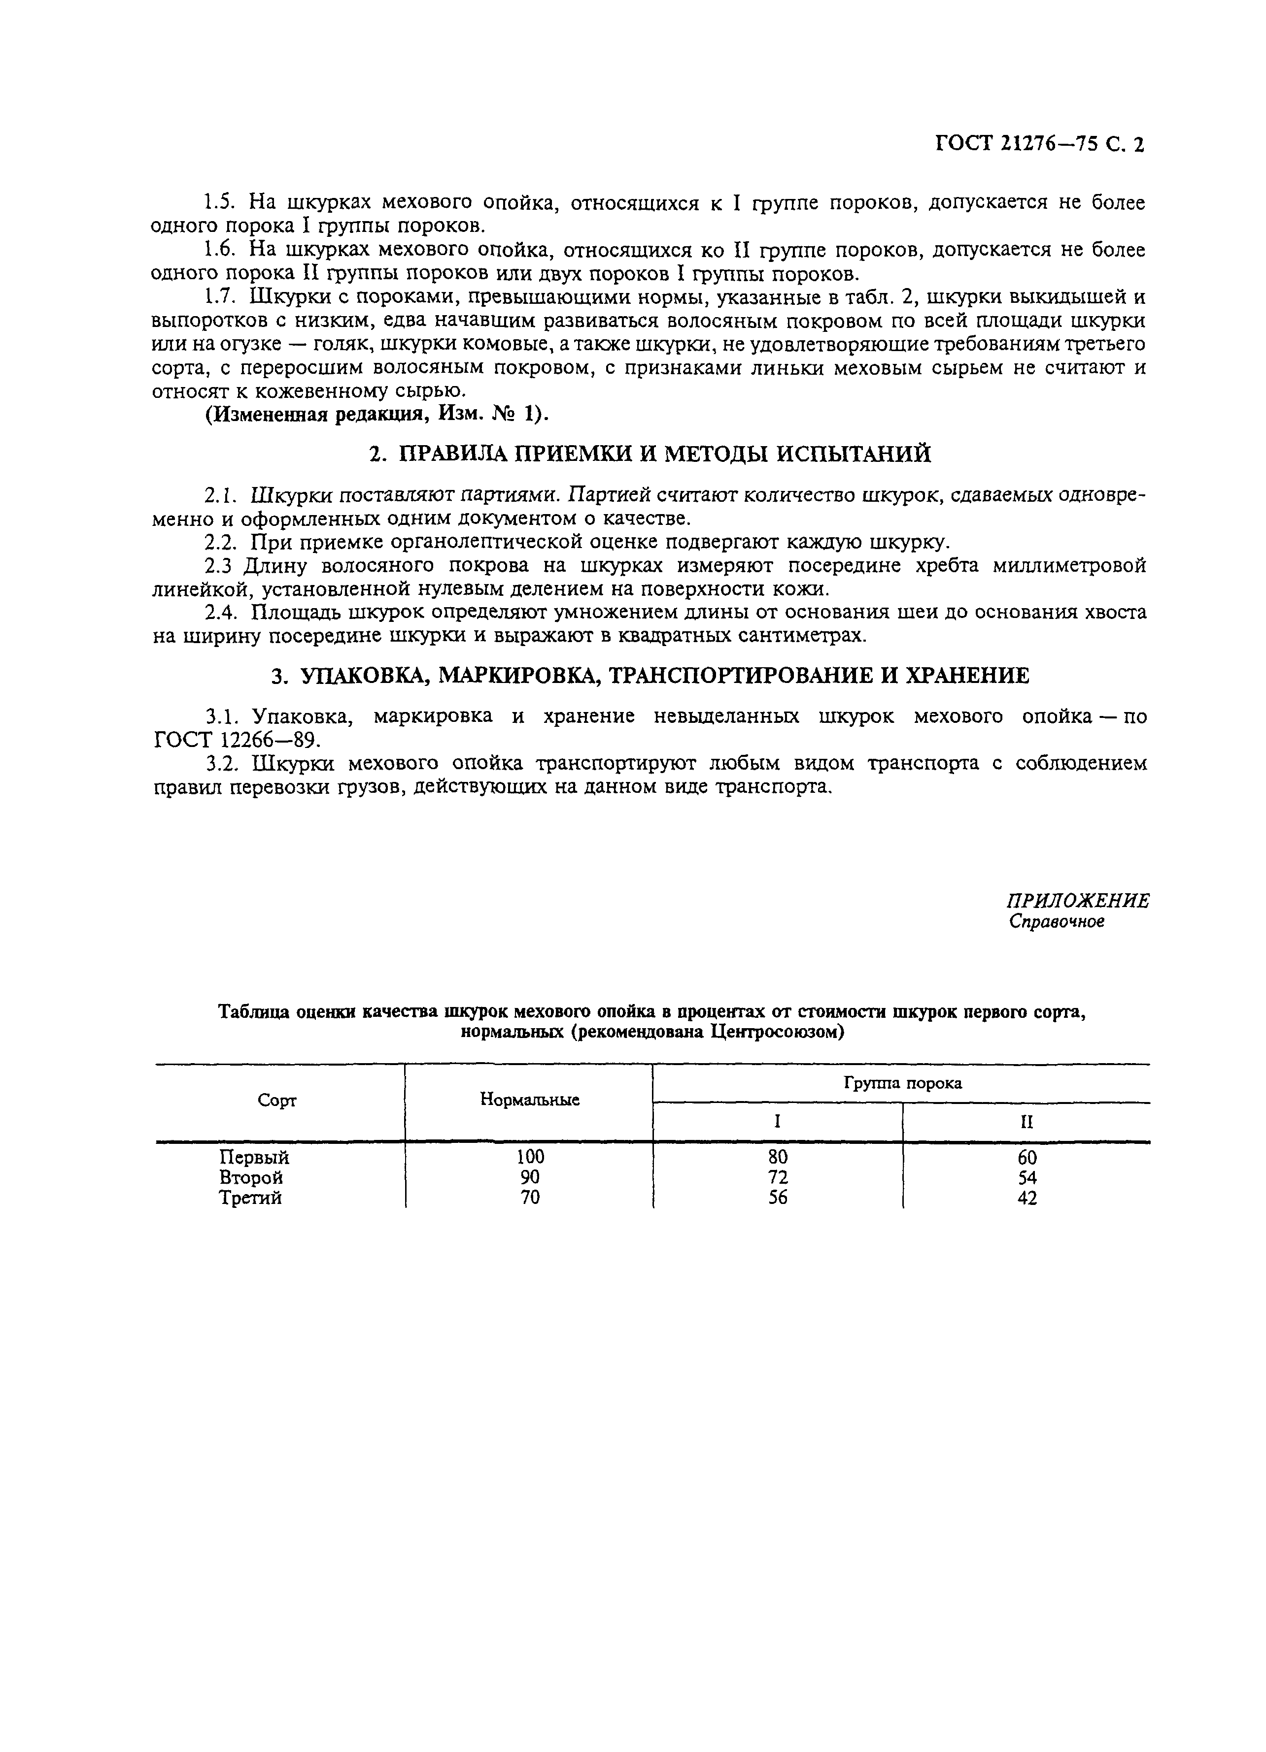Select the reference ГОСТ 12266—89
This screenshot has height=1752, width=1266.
point(236,740)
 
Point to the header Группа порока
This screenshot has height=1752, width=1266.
point(902,1083)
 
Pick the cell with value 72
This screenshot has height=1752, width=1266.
point(778,1178)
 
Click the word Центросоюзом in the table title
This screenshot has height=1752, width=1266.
point(775,1033)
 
